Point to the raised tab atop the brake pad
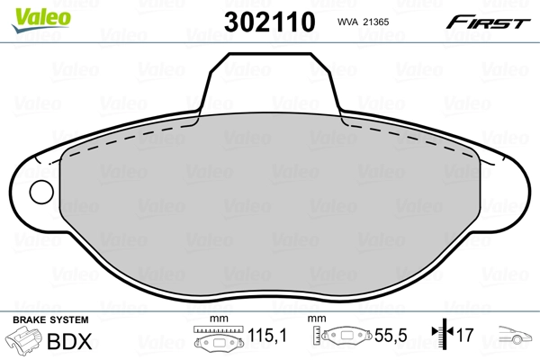(x=270, y=81)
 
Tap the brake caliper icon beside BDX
(x=24, y=343)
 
